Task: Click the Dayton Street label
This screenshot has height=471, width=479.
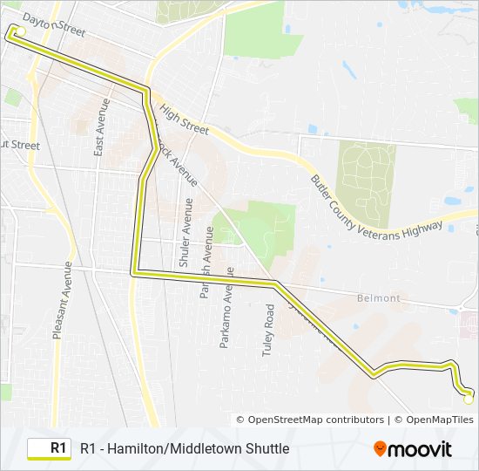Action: tap(54, 24)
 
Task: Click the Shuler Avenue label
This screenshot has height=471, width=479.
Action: tap(186, 233)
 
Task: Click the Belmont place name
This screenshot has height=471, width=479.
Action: tap(379, 298)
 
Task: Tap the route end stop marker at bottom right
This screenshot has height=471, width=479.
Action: tap(469, 398)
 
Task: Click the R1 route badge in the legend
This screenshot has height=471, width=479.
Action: tap(50, 448)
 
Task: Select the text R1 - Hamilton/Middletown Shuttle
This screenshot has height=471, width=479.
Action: tap(185, 448)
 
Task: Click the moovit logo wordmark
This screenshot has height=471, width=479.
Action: tap(420, 449)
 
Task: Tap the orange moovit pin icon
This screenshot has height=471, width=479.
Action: tap(380, 449)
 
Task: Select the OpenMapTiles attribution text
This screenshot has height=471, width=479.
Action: tap(434, 420)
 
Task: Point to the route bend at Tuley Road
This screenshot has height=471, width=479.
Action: tap(273, 283)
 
